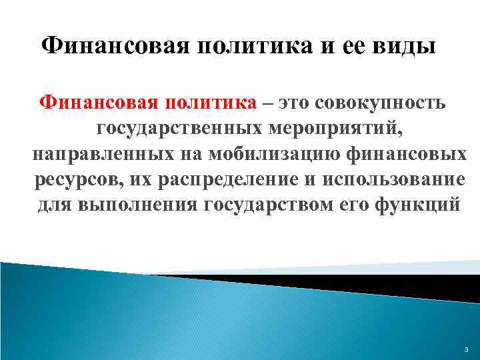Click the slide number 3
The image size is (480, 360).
[466, 350]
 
